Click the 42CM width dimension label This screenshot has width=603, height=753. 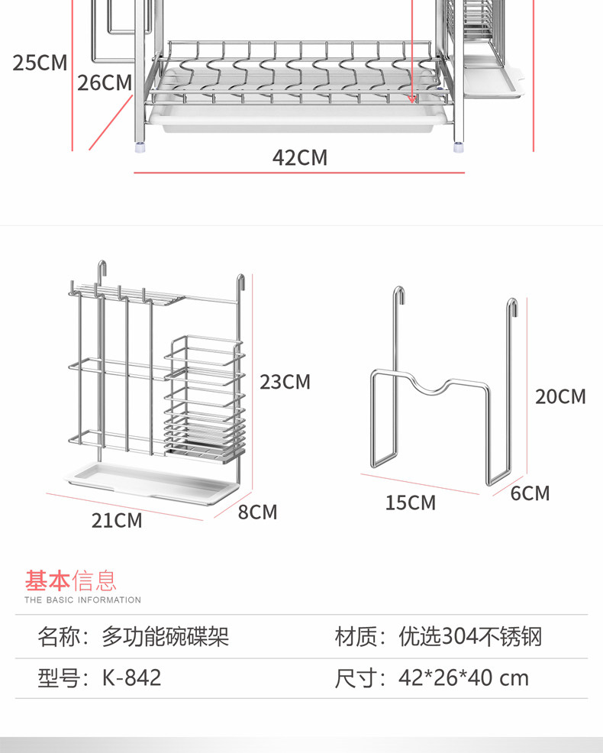click(x=300, y=157)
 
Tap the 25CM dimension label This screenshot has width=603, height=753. click(x=40, y=63)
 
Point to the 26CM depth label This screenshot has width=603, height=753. click(x=105, y=82)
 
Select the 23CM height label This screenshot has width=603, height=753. click(x=285, y=381)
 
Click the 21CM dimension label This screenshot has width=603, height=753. click(x=117, y=520)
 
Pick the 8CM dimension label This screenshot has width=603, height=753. click(x=257, y=512)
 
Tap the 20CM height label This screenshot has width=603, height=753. click(x=560, y=396)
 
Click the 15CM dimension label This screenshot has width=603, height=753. click(x=410, y=503)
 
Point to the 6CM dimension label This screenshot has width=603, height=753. click(x=530, y=493)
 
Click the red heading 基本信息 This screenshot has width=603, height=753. click(x=70, y=581)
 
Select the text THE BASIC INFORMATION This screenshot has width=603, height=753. click(x=82, y=600)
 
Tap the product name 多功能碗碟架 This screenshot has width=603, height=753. click(x=165, y=636)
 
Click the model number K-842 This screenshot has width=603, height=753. click(x=131, y=677)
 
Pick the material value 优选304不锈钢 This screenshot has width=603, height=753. click(x=470, y=636)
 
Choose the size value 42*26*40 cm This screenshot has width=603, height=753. click(x=463, y=677)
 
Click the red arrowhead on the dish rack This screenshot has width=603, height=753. click(x=414, y=98)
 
